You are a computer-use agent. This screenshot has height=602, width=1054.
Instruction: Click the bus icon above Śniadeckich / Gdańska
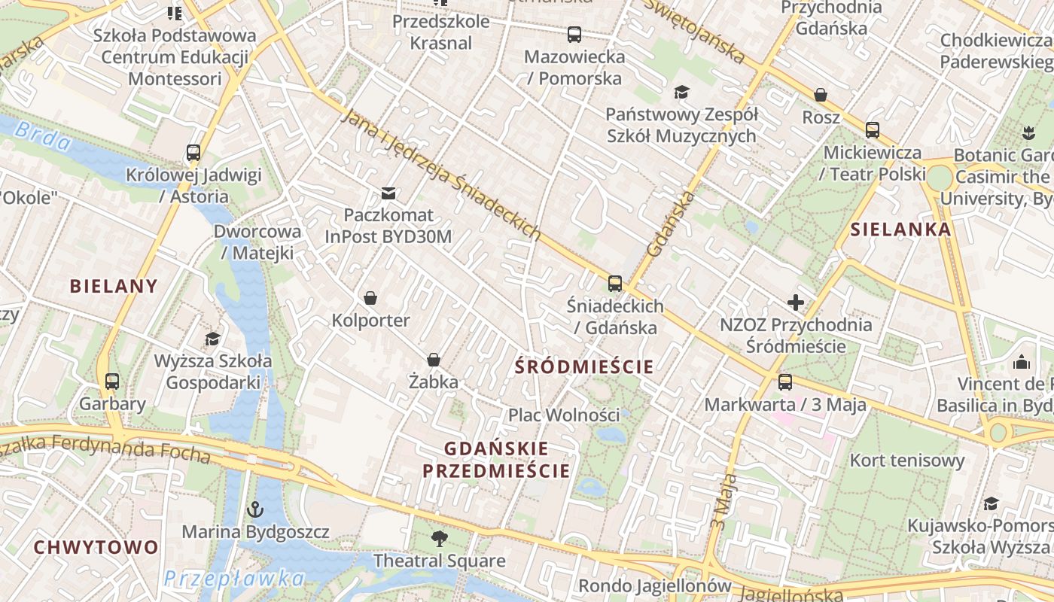click(x=615, y=284)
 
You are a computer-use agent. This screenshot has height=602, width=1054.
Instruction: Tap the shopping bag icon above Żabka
click(x=434, y=360)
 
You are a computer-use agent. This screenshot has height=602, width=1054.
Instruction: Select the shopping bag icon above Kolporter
click(x=370, y=298)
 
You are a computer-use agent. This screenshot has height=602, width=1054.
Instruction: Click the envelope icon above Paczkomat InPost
click(x=388, y=193)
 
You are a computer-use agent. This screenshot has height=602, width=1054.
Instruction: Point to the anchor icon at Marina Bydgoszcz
click(x=255, y=509)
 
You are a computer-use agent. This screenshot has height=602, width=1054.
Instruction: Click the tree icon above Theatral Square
click(x=440, y=538)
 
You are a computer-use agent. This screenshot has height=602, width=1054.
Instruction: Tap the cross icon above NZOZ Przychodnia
click(x=795, y=303)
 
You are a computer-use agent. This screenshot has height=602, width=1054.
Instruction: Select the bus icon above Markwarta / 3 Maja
click(x=785, y=382)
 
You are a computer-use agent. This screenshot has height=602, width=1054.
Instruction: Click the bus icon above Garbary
click(x=112, y=382)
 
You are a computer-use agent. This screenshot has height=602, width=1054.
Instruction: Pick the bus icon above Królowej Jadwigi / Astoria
click(x=193, y=153)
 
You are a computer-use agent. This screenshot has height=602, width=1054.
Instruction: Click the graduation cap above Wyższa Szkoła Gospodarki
click(x=213, y=339)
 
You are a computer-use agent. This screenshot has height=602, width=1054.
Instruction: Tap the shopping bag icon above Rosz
click(x=821, y=95)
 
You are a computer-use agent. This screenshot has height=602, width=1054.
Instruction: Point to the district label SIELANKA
click(x=901, y=230)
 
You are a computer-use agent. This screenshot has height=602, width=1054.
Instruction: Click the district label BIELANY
click(x=114, y=286)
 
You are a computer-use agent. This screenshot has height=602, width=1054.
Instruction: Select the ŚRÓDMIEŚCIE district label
click(x=584, y=367)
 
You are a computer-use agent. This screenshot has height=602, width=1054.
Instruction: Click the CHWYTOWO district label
click(x=96, y=547)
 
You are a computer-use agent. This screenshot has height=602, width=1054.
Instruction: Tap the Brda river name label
click(x=43, y=138)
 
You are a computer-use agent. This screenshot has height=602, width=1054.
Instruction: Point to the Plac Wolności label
click(x=564, y=415)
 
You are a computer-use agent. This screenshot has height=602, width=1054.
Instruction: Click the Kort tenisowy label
click(x=907, y=460)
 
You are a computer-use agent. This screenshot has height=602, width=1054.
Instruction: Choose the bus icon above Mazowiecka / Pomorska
click(x=574, y=34)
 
